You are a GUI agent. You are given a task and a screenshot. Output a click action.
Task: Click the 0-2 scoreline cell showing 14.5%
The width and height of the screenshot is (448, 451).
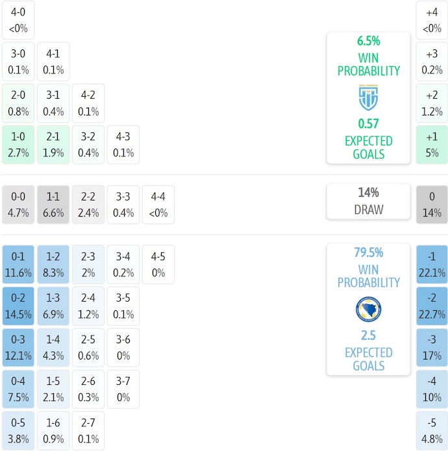coord(18,306)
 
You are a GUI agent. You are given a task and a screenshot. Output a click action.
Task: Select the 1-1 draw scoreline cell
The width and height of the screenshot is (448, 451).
coord(53,204)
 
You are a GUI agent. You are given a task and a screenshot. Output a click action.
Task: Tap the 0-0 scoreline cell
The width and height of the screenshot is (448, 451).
coord(18,204)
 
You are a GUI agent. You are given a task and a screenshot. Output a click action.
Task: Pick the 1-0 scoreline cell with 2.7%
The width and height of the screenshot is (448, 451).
coord(18,145)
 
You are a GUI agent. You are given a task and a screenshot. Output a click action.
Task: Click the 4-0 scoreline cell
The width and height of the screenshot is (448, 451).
coord(18,20)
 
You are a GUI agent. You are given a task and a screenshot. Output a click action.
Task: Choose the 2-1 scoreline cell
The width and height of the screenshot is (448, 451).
coord(53,145)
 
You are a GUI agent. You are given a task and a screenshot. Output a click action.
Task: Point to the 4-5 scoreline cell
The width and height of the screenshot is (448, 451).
coord(158,264)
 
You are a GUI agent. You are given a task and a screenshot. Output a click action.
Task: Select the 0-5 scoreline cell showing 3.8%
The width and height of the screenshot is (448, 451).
coord(18,430)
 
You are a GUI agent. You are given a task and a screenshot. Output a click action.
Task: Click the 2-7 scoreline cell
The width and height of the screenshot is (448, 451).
coord(88,430)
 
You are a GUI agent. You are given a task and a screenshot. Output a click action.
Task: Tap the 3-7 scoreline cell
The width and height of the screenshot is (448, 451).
coord(123,389)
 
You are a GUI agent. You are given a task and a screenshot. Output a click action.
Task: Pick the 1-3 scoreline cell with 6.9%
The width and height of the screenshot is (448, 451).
coord(53,306)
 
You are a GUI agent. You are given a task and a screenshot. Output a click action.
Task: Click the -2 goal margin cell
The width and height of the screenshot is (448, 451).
coord(432,306)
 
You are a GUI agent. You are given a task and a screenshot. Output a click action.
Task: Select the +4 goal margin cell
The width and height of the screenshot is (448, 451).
coord(432,20)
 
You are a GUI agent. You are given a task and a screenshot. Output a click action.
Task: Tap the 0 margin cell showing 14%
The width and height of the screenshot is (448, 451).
coord(432,204)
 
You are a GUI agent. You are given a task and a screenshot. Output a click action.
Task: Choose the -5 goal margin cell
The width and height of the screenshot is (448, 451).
coord(432,430)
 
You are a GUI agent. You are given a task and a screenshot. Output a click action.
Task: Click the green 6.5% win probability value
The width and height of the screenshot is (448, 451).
coord(368,41)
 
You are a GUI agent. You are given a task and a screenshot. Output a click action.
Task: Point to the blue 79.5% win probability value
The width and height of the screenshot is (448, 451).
coord(368,252)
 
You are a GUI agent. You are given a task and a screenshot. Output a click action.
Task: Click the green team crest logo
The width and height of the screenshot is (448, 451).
coord(368,98)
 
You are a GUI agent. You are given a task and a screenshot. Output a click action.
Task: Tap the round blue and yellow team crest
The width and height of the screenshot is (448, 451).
coord(368,310)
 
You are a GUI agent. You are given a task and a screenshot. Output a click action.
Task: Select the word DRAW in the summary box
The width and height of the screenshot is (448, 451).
coord(368,210)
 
